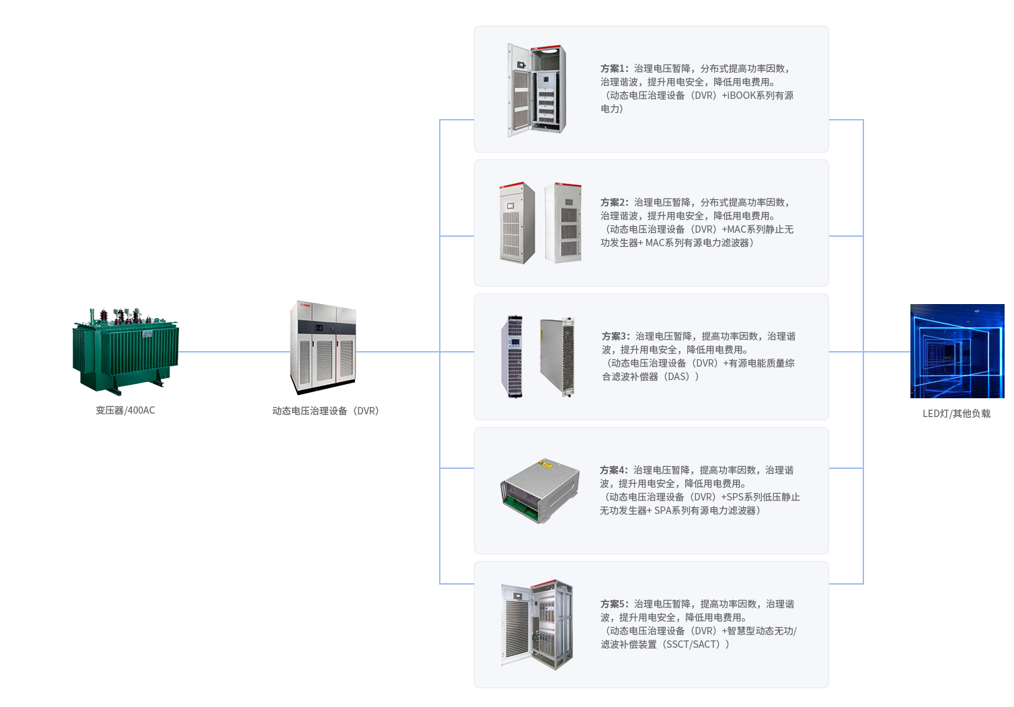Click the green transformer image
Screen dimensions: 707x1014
coord(125,350)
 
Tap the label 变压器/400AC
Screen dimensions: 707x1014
coord(125,410)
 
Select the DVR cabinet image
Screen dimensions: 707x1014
coord(323,348)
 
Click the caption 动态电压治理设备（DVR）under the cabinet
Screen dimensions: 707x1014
coord(325,411)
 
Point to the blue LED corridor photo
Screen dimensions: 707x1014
coord(956,350)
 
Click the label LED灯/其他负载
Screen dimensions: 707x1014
coord(956,414)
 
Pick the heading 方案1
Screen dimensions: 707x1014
coord(613,69)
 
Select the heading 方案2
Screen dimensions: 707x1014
coord(613,202)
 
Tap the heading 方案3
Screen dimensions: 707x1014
coord(615,336)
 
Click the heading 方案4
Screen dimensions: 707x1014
coord(613,470)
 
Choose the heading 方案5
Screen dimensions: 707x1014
coord(613,604)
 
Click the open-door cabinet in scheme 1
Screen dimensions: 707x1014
coord(537,90)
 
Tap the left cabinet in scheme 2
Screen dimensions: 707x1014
coord(516,222)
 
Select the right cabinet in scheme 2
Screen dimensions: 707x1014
coord(563,222)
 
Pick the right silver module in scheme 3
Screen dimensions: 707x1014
coord(557,357)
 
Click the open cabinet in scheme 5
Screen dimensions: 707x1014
coord(537,624)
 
